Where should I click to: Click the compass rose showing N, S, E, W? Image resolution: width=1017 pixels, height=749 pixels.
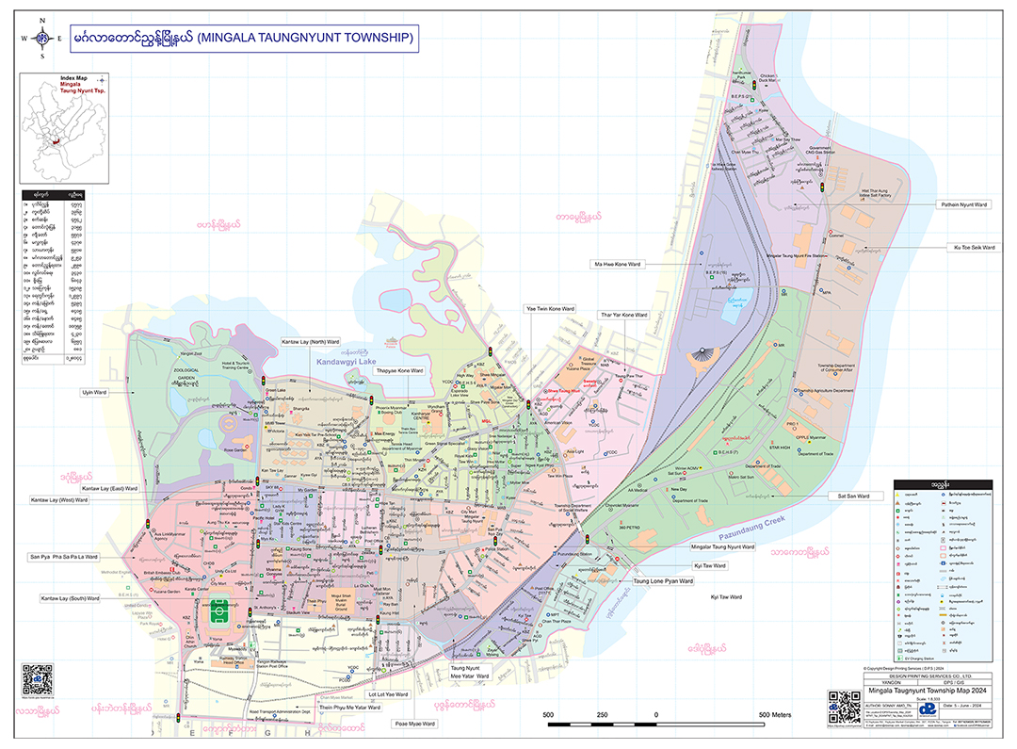[42, 39]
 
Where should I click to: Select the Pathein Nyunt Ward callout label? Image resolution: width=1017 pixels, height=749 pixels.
[962, 204]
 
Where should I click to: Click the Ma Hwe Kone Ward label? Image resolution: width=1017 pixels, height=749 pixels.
[617, 265]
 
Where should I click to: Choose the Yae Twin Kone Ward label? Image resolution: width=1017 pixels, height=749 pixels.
[549, 309]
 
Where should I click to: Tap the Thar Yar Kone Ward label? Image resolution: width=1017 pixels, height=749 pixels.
[623, 315]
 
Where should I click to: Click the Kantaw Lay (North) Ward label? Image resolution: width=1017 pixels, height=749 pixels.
[310, 341]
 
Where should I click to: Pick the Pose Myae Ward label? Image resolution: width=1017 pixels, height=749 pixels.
[414, 724]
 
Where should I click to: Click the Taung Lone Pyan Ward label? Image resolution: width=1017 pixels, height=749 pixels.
[663, 581]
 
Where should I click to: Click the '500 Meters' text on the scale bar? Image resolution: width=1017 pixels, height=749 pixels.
[775, 715]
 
